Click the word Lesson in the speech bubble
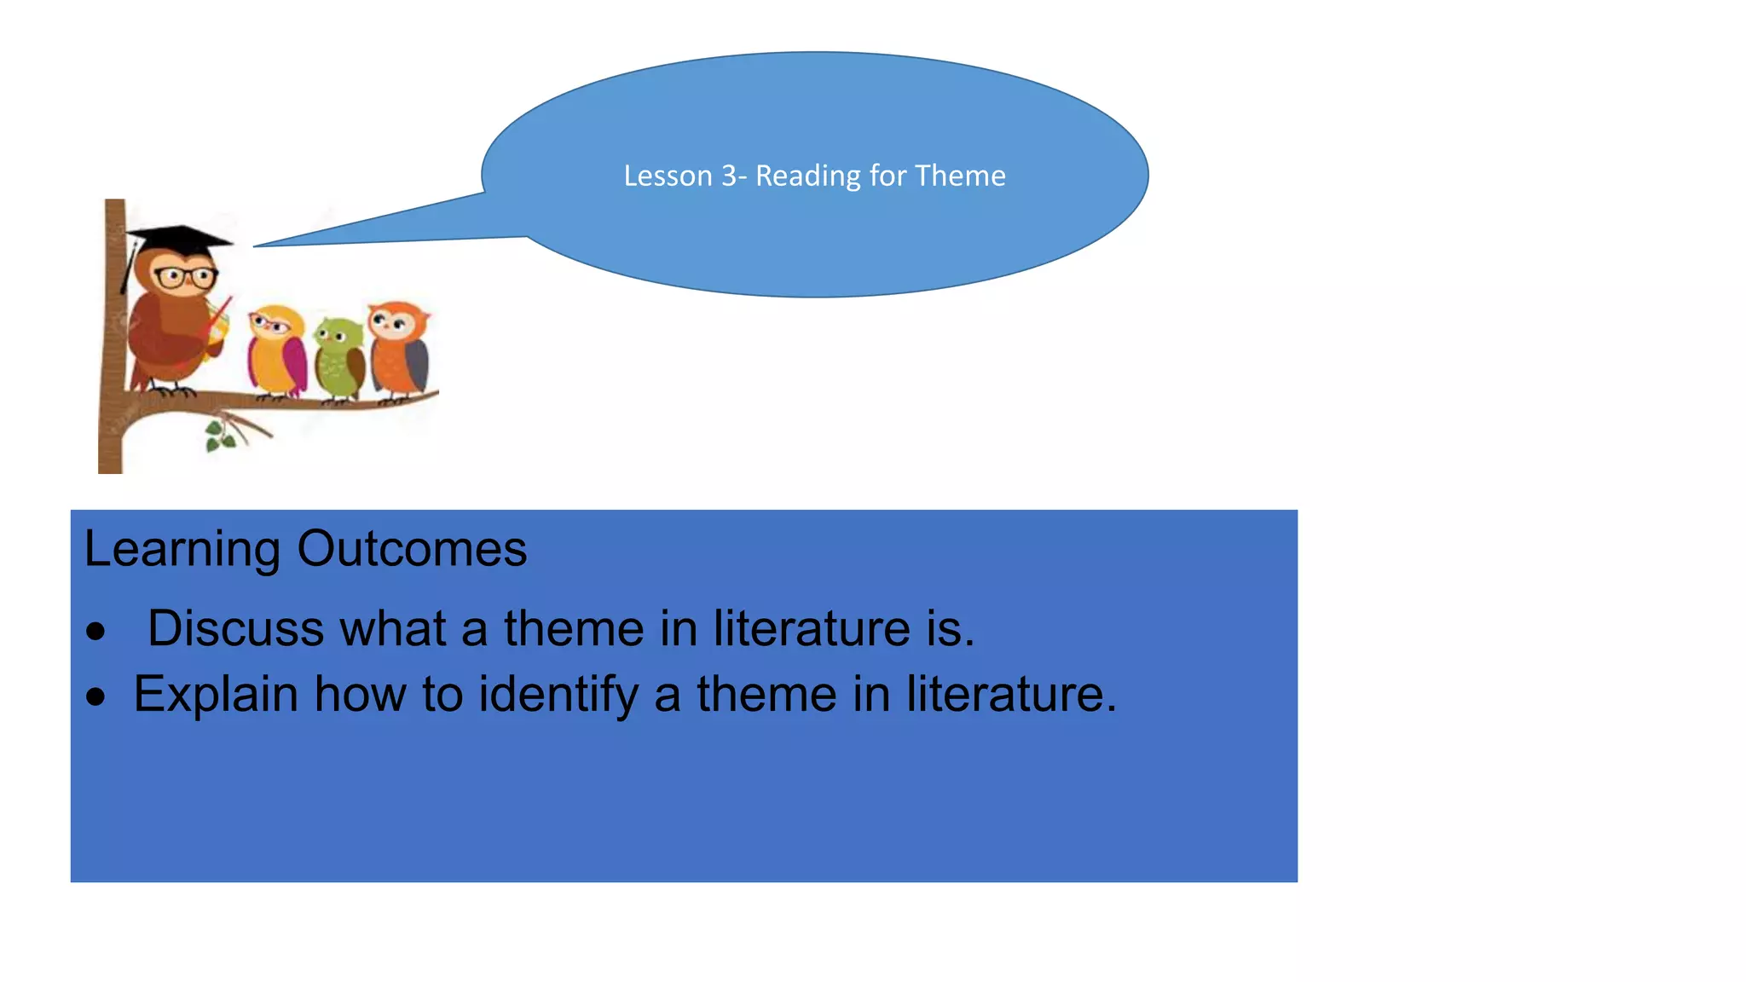coord(668,176)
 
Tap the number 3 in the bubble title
coord(729,176)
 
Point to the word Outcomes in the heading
coord(412,548)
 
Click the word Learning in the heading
coord(182,550)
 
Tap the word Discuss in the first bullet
coord(236,628)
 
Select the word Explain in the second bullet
coord(216,694)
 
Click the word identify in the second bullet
coord(558,696)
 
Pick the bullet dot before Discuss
coord(95,632)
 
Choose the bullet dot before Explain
coord(95,696)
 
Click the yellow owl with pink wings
coord(276,351)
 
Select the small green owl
coord(339,358)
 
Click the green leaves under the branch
coord(220,436)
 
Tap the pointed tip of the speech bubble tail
coord(255,246)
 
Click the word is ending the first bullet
coord(950,629)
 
